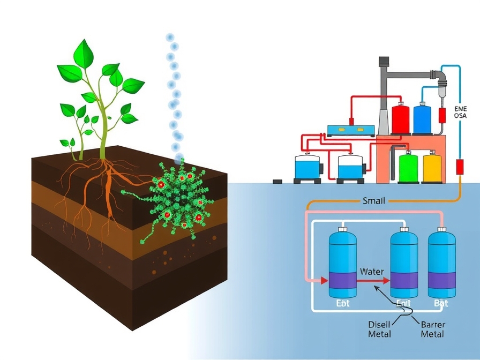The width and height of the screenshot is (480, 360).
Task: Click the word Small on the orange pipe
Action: click(374, 201)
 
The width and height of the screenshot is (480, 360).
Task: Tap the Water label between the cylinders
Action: click(371, 272)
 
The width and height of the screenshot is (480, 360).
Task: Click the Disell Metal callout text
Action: click(380, 329)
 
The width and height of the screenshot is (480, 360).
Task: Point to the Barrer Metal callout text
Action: click(433, 329)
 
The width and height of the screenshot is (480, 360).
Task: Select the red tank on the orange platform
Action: click(400, 119)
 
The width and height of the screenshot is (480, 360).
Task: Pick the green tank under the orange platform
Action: click(409, 167)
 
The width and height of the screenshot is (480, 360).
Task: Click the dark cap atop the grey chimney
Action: click(384, 62)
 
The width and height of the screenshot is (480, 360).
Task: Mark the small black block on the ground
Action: click(277, 181)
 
